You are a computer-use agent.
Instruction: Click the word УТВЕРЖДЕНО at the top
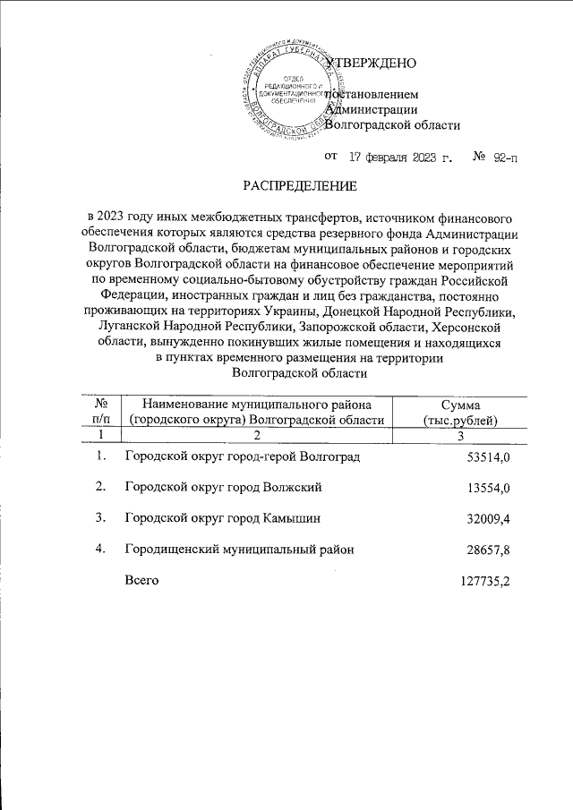click(371, 64)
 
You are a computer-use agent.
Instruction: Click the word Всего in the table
click(141, 580)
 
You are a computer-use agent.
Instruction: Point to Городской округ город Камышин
click(223, 517)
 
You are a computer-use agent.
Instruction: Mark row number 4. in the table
click(102, 548)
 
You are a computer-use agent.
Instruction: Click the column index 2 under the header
click(256, 435)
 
